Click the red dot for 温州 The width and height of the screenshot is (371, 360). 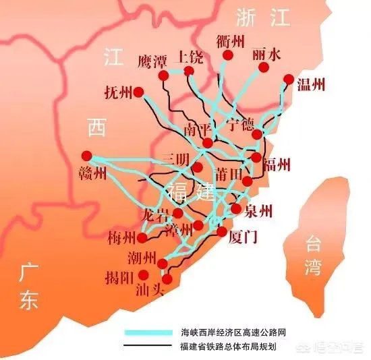click(289, 80)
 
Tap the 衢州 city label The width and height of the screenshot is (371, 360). click(231, 40)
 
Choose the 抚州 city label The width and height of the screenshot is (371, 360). click(119, 91)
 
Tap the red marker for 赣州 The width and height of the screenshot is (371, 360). click(86, 154)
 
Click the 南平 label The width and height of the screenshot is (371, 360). click(198, 129)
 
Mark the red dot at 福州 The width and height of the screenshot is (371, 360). click(256, 157)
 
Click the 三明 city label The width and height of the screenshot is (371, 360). click(175, 159)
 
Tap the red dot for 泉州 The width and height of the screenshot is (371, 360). click(236, 209)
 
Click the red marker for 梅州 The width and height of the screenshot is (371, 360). click(142, 238)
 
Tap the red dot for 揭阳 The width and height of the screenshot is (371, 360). click(143, 274)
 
